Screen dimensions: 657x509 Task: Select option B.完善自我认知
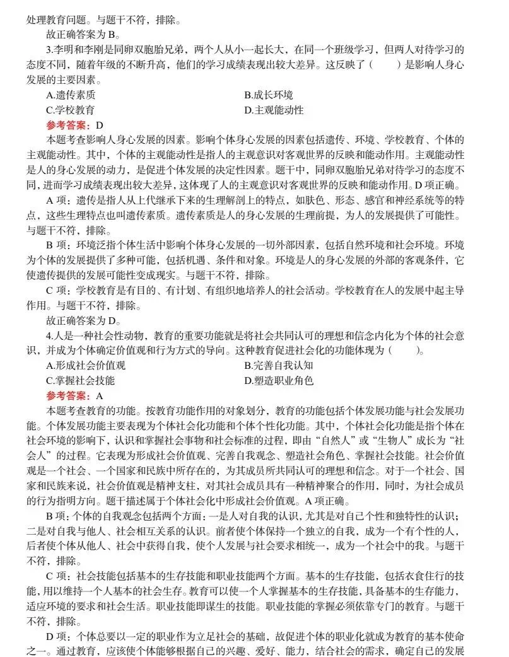(x=278, y=366)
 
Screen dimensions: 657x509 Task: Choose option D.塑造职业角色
(x=278, y=381)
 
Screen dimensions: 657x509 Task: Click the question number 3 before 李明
(x=49, y=50)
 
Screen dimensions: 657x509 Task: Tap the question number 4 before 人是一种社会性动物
(x=49, y=335)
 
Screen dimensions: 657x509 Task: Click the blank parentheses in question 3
(x=385, y=65)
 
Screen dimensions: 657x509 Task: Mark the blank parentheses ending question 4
(x=407, y=351)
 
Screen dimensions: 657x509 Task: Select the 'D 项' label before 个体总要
(x=59, y=636)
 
